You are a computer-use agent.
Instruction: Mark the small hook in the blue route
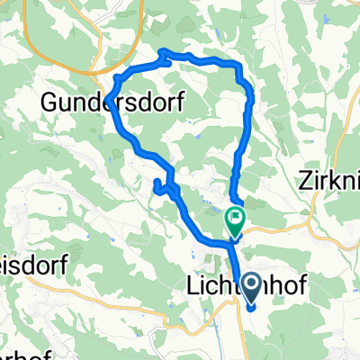point(159,187)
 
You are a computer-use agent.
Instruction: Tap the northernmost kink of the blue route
point(165,51)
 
